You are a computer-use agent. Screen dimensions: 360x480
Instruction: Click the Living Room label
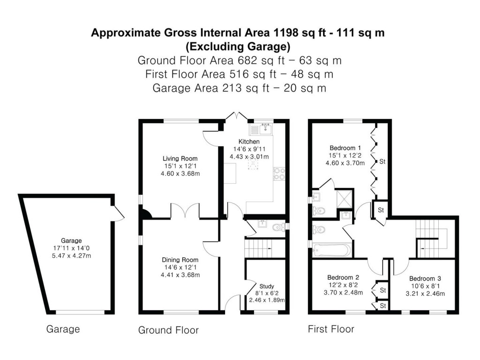(x=180, y=158)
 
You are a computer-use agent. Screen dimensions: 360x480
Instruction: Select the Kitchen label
(x=249, y=142)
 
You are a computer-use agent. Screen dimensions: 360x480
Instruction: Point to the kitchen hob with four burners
(x=280, y=174)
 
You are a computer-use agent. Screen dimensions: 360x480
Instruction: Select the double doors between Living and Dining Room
(x=186, y=211)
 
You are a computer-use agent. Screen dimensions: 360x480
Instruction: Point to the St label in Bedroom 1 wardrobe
(x=382, y=162)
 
